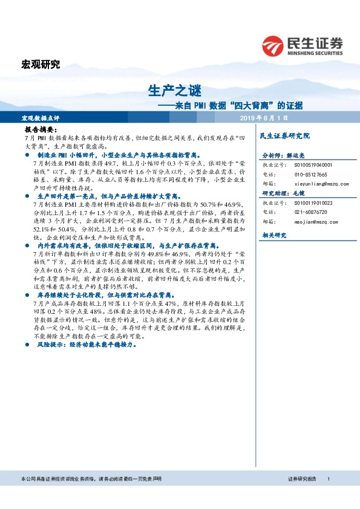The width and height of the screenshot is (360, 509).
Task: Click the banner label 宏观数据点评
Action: click(x=41, y=117)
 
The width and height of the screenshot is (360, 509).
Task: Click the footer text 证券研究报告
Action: click(x=303, y=479)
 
